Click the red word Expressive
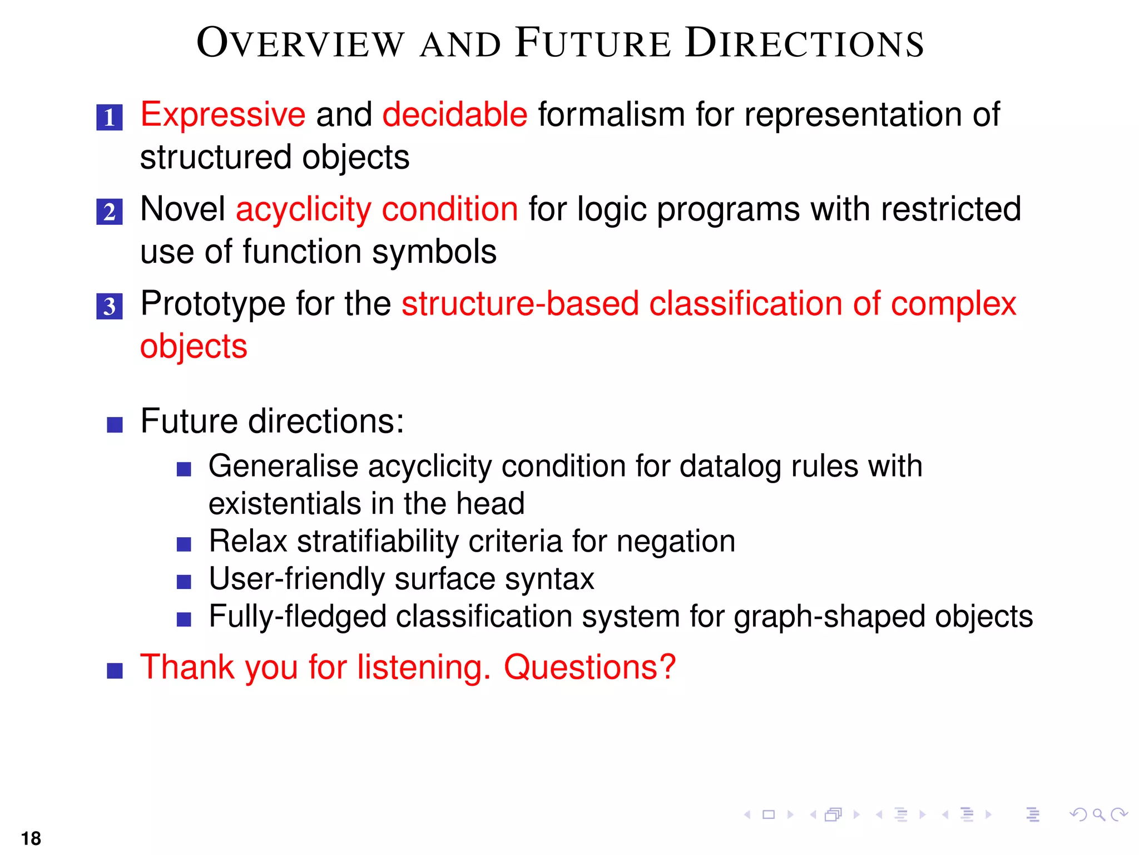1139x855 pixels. point(222,115)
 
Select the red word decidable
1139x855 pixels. point(454,115)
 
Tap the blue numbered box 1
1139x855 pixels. point(110,117)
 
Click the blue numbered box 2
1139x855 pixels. point(110,212)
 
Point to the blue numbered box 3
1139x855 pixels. point(110,306)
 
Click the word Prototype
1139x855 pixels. point(212,305)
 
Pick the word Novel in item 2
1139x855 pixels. point(182,209)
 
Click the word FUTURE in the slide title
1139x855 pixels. point(593,43)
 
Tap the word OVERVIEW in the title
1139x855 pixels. point(300,43)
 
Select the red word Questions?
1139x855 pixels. point(590,667)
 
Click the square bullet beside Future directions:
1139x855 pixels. point(115,425)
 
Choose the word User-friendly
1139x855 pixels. point(296,579)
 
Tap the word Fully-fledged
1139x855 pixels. point(298,617)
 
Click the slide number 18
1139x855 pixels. point(31,838)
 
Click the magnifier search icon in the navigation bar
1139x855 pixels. point(1098,815)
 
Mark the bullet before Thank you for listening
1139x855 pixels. point(115,671)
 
